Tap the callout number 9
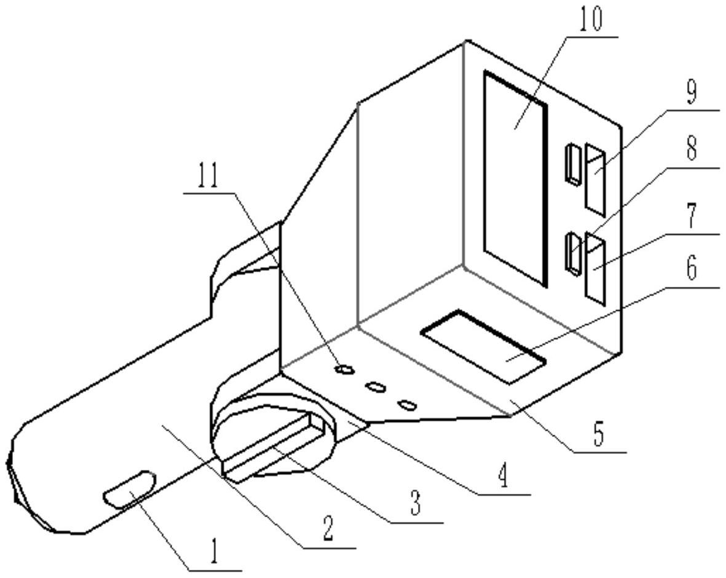pyautogui.click(x=692, y=93)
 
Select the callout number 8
pyautogui.click(x=692, y=149)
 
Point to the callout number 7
pyautogui.click(x=692, y=217)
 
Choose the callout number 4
pyautogui.click(x=503, y=477)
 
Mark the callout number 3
pyautogui.click(x=416, y=504)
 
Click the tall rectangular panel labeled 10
pyautogui.click(x=515, y=178)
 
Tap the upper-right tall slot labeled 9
pyautogui.click(x=594, y=179)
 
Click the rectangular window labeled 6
pyautogui.click(x=483, y=346)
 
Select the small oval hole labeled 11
pyautogui.click(x=344, y=370)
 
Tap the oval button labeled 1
pyautogui.click(x=129, y=488)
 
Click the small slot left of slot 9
pyautogui.click(x=573, y=165)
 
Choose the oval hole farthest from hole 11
pyautogui.click(x=408, y=404)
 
